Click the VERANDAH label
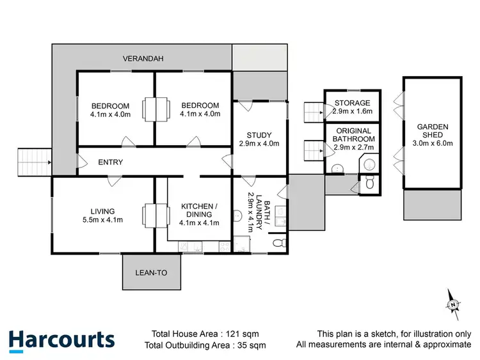pos(144,59)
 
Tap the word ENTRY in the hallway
pos(110,162)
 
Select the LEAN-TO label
pos(151,273)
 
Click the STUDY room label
pos(259,135)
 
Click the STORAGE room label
pos(351,103)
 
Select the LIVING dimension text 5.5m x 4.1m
pos(102,221)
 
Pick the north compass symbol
pos(452,303)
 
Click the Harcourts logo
pos(61,339)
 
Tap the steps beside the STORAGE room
pos(313,113)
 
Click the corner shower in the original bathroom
pos(370,165)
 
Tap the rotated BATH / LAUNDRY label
pos(250,212)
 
